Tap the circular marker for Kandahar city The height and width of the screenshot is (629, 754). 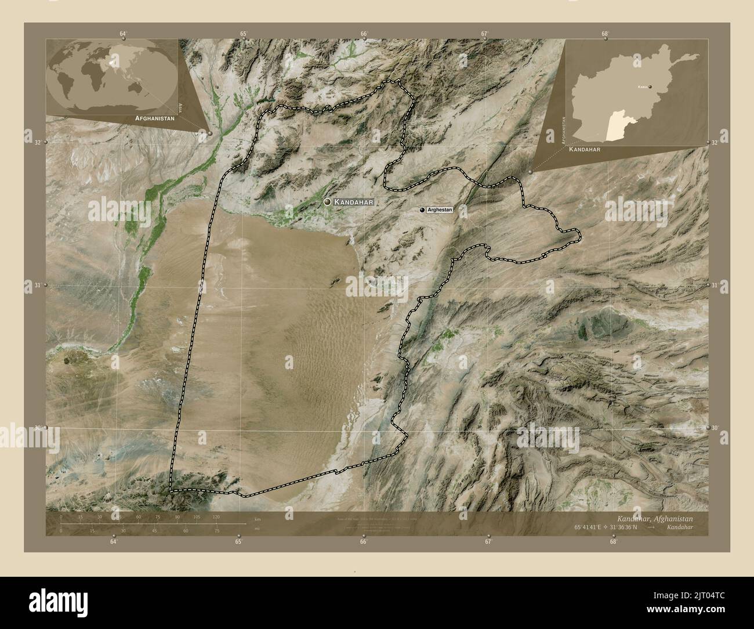pyautogui.click(x=328, y=201)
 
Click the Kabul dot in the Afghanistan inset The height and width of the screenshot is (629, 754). pyautogui.click(x=650, y=86)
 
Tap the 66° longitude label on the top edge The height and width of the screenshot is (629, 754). pyautogui.click(x=364, y=34)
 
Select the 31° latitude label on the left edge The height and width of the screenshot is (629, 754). pyautogui.click(x=36, y=285)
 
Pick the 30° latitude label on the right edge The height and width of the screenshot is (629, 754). pyautogui.click(x=717, y=428)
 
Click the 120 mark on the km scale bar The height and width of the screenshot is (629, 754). pyautogui.click(x=216, y=516)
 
